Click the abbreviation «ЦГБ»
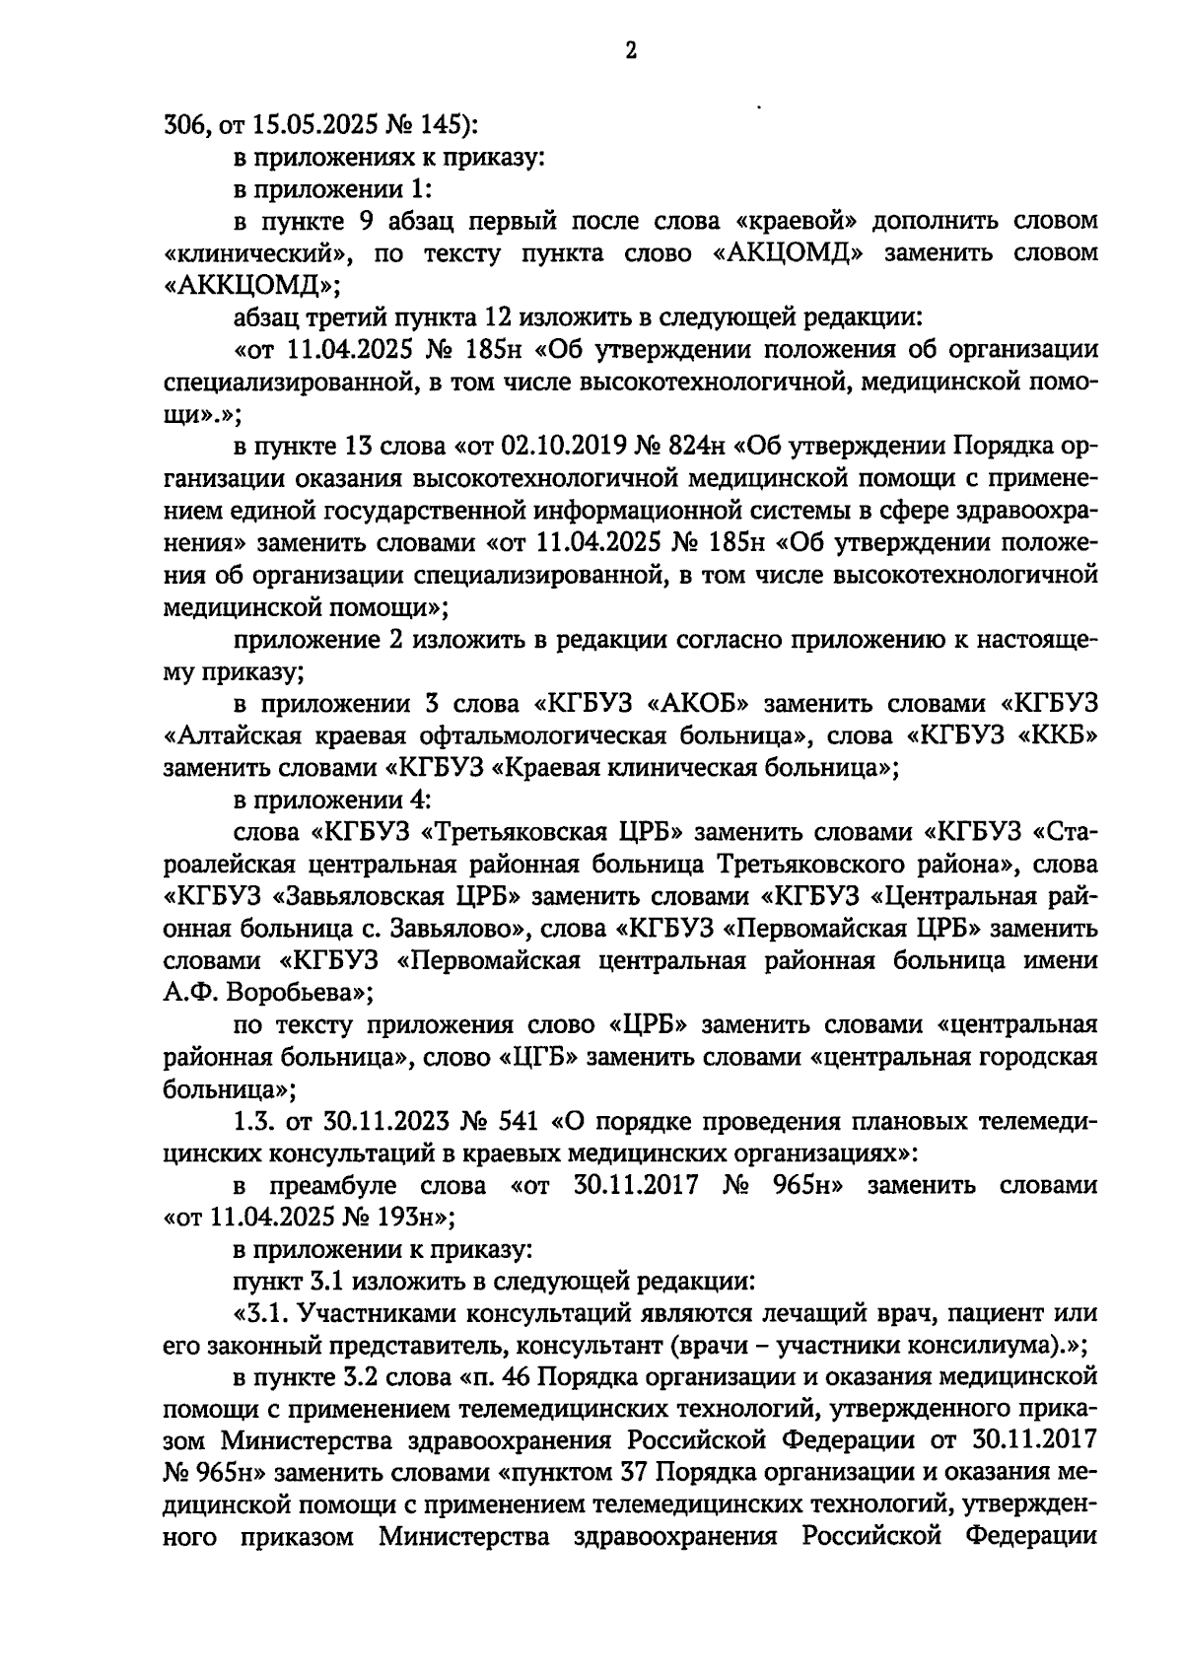pos(538,1058)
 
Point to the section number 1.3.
pos(253,1122)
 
